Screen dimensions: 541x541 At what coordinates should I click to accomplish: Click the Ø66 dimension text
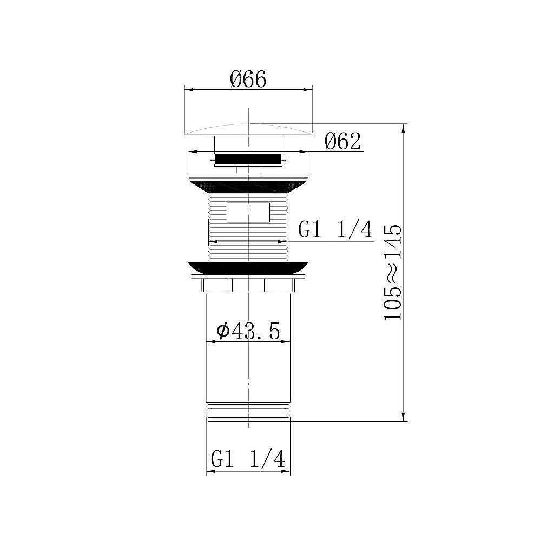click(x=248, y=80)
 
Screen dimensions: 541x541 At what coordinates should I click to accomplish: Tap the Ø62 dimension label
click(x=342, y=142)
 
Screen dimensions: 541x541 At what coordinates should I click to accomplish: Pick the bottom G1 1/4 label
click(x=248, y=460)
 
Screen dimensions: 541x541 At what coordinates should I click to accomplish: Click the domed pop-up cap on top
click(x=248, y=130)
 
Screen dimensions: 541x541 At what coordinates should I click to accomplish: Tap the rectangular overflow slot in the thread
click(x=248, y=212)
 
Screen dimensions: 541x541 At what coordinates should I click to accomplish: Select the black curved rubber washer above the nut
click(x=248, y=267)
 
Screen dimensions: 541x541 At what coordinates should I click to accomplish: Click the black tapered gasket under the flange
click(x=248, y=186)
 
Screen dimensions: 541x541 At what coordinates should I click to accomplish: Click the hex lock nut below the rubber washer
click(x=248, y=285)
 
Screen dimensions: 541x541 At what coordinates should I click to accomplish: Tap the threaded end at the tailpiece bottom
click(x=248, y=412)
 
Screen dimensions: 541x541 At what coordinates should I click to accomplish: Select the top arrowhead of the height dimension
click(x=404, y=128)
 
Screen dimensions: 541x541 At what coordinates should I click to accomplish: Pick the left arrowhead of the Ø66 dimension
click(x=188, y=90)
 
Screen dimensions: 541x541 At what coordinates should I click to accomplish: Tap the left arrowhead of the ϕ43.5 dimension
click(x=210, y=342)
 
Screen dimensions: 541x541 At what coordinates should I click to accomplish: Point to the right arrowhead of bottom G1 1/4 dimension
click(x=287, y=471)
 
